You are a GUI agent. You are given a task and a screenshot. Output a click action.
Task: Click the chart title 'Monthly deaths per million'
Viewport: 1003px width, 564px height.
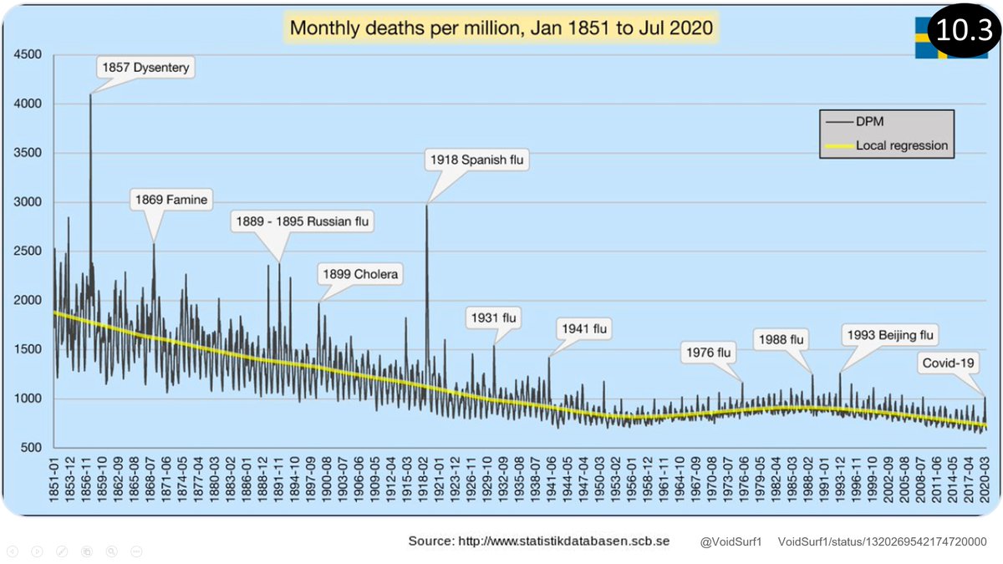click(501, 28)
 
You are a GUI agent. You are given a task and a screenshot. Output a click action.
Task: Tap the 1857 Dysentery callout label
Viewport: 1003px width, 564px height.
click(146, 68)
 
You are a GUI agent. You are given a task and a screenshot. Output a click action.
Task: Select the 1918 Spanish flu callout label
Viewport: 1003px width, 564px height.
click(479, 159)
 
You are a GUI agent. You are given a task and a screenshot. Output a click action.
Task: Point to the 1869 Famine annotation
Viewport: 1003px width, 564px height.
click(171, 201)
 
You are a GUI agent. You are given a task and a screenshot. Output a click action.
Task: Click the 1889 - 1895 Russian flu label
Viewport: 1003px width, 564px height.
click(303, 221)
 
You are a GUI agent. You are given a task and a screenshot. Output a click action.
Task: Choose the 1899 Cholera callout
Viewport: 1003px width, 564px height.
click(360, 274)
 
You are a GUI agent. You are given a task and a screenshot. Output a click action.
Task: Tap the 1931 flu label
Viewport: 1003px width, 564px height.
click(494, 318)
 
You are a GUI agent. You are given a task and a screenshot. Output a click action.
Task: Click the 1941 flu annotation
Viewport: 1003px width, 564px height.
click(583, 328)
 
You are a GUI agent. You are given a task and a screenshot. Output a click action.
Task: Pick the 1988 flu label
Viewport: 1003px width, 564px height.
click(779, 339)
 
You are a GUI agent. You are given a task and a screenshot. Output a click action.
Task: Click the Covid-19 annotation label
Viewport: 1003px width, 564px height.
click(950, 363)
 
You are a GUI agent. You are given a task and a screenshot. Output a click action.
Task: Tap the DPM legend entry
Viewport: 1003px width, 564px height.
click(870, 122)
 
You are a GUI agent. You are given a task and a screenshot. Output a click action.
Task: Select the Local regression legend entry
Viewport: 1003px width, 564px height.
click(901, 145)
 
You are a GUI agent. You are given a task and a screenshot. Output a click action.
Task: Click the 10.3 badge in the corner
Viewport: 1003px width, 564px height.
click(963, 30)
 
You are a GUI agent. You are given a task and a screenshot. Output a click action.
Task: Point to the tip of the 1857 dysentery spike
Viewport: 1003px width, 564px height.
click(90, 94)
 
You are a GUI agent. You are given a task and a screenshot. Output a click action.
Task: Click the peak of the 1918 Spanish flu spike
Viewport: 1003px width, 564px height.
click(426, 206)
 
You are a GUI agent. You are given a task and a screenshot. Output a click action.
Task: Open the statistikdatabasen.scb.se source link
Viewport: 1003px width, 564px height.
click(564, 541)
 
